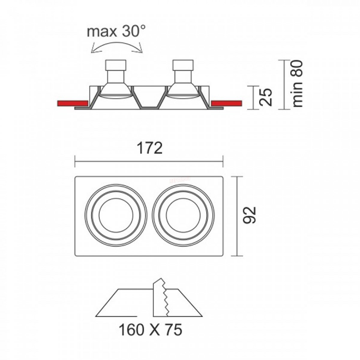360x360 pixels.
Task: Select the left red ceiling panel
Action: (73, 103)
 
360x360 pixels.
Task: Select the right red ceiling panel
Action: (226, 103)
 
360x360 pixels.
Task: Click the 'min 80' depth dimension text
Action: (297, 84)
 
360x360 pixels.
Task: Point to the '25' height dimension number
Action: (266, 97)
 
